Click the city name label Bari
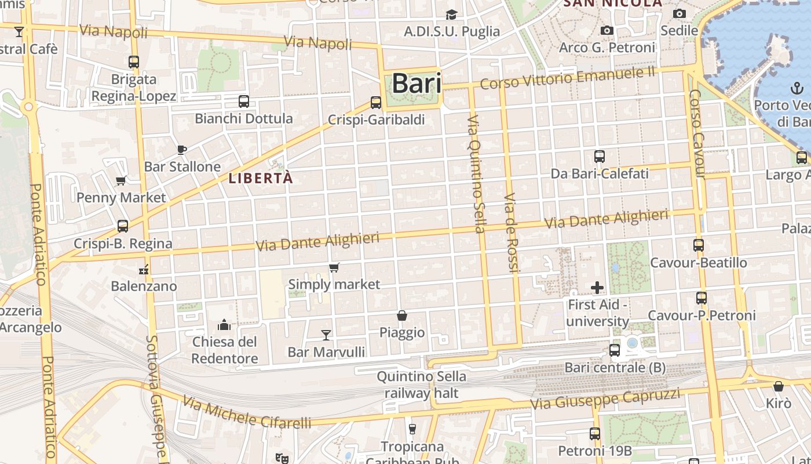pyautogui.click(x=417, y=84)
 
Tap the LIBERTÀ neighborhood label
pyautogui.click(x=261, y=178)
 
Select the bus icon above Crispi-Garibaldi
pyautogui.click(x=376, y=103)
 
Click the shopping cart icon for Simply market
pyautogui.click(x=334, y=267)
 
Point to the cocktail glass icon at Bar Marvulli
pyautogui.click(x=326, y=335)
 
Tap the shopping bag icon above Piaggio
pyautogui.click(x=402, y=316)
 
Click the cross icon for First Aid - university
pyautogui.click(x=597, y=287)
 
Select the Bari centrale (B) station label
pyautogui.click(x=615, y=368)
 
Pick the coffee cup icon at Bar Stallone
pyautogui.click(x=182, y=150)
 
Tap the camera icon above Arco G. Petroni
pyautogui.click(x=607, y=30)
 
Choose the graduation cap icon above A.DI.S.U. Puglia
pyautogui.click(x=451, y=14)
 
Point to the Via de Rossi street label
pyautogui.click(x=510, y=233)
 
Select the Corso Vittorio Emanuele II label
pyautogui.click(x=568, y=78)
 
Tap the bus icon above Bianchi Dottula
pyautogui.click(x=244, y=101)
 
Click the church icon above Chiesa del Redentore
pyautogui.click(x=224, y=324)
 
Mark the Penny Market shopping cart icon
pyautogui.click(x=121, y=180)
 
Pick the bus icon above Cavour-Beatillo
pyautogui.click(x=699, y=245)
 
